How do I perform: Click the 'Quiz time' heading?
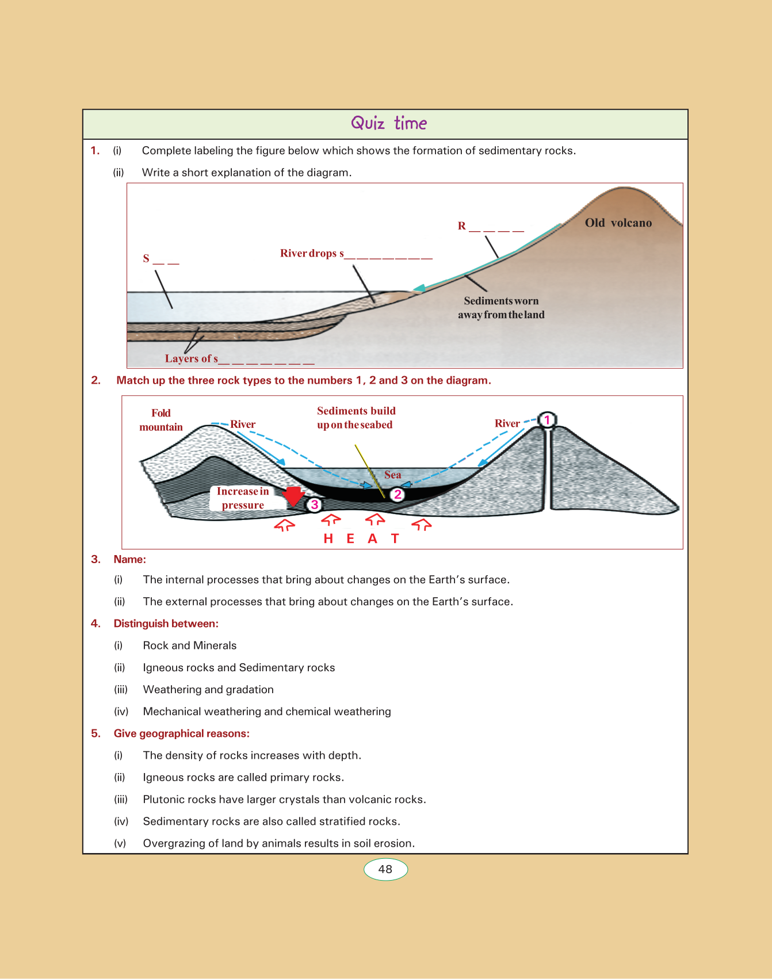[389, 123]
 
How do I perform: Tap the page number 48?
[385, 869]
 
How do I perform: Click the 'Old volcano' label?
[618, 223]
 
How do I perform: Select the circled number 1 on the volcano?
[547, 420]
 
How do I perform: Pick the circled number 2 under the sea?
[397, 494]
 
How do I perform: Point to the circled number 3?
[314, 505]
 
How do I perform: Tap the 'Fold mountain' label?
[161, 420]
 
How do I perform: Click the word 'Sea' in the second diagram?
[393, 475]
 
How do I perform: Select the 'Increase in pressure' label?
[243, 498]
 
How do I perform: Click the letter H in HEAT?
[328, 538]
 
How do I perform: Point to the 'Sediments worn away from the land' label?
[501, 308]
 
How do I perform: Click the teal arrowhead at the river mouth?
[419, 289]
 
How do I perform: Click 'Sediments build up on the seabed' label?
[356, 418]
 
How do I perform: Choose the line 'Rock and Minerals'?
[190, 645]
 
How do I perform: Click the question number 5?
[95, 733]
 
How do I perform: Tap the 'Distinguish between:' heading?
[166, 624]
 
